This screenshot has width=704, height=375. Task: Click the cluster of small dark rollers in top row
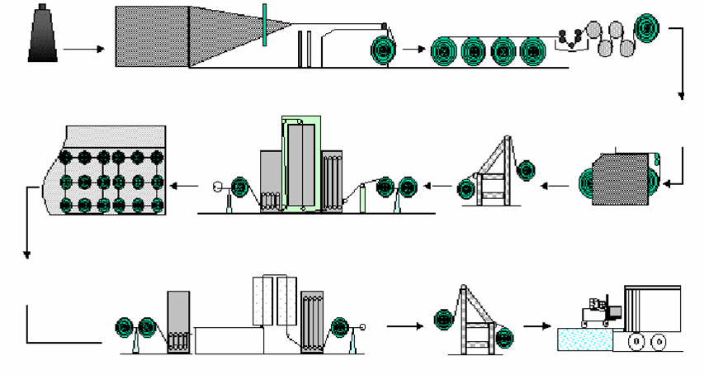point(569,36)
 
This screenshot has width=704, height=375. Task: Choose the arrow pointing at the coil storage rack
point(185,187)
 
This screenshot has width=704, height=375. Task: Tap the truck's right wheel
point(659,341)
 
